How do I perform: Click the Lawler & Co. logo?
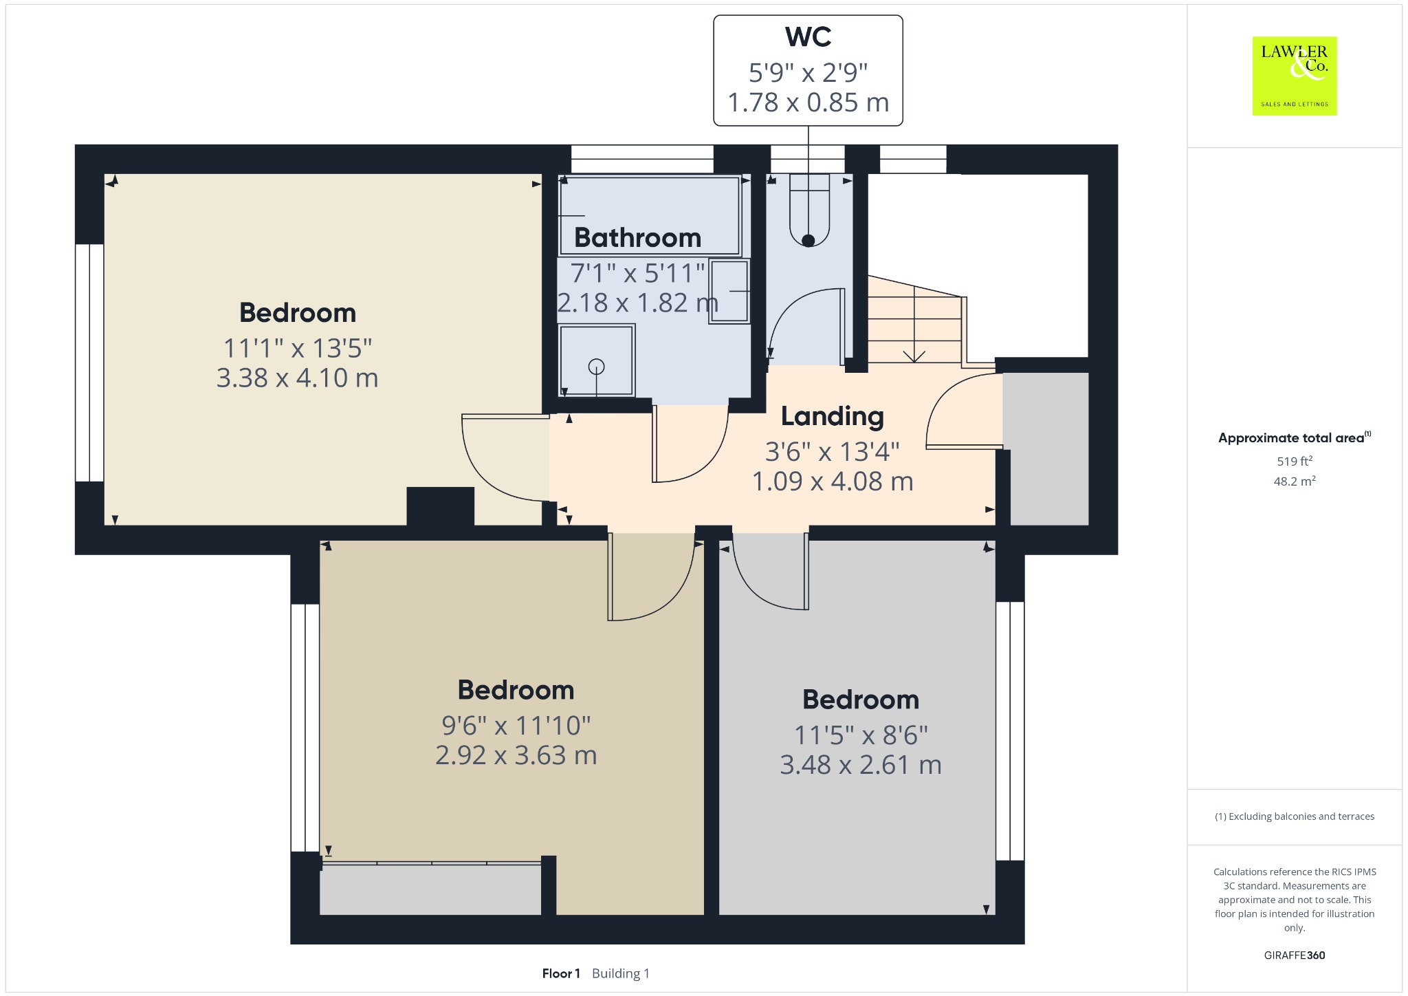click(1295, 76)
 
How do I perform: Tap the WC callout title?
click(808, 37)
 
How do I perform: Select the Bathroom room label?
click(637, 238)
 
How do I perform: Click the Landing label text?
click(832, 417)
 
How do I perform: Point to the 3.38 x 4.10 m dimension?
click(297, 378)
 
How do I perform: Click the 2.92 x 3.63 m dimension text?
click(516, 755)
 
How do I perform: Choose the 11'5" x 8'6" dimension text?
click(861, 735)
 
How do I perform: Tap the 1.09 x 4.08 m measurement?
click(832, 481)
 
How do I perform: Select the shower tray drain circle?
click(596, 367)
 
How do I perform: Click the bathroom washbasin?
click(729, 291)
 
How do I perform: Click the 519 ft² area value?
click(1295, 461)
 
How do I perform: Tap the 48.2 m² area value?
click(1295, 481)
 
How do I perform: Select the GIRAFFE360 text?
click(1295, 955)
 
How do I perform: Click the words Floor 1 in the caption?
click(561, 973)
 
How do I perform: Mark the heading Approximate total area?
click(1291, 438)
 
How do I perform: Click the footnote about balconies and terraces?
click(1295, 816)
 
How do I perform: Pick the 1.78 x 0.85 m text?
click(808, 102)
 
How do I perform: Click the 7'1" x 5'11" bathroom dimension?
click(637, 273)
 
